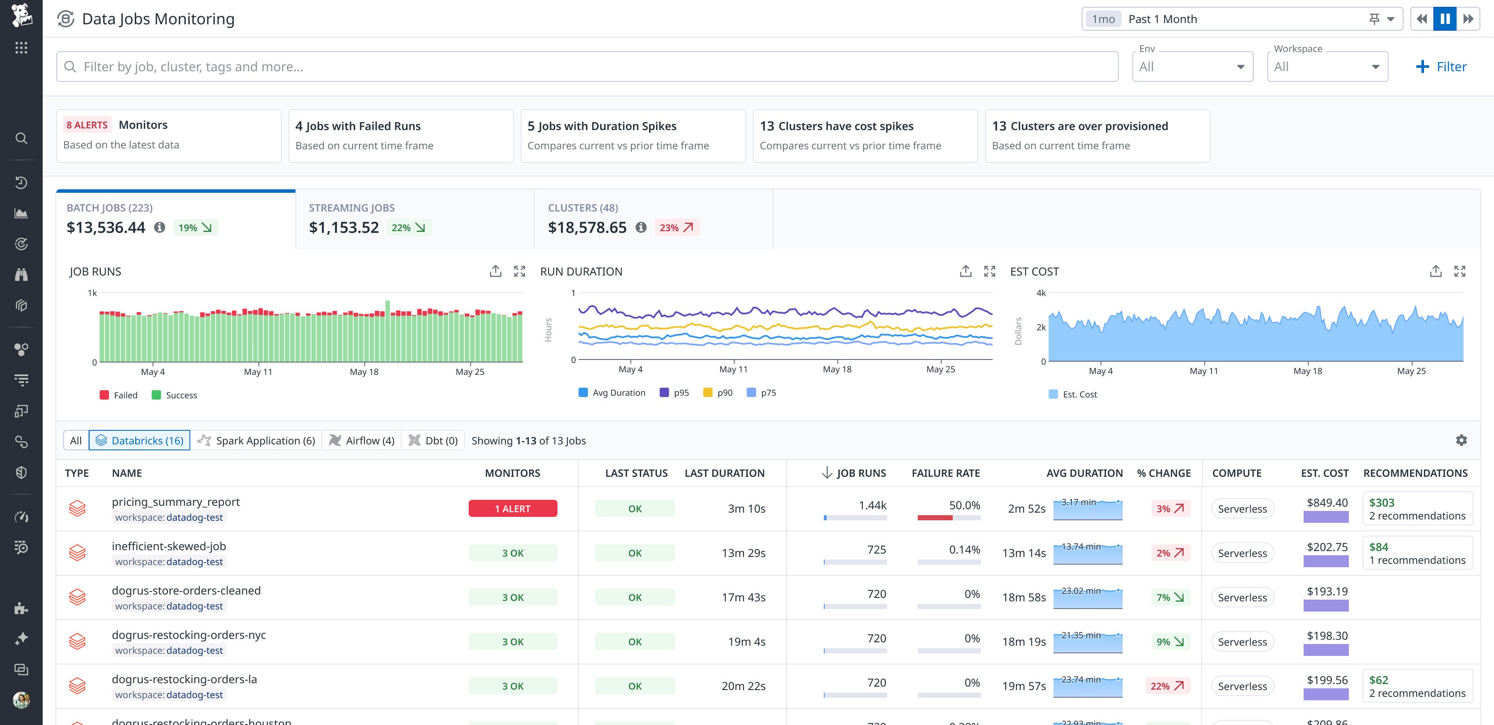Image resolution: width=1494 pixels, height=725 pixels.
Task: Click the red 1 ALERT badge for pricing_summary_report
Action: (x=513, y=508)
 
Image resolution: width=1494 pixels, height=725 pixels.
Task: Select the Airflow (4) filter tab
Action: (x=362, y=441)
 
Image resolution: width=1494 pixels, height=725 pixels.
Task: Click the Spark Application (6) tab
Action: (x=257, y=441)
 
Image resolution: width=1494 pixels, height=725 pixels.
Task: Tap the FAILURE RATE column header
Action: (x=945, y=473)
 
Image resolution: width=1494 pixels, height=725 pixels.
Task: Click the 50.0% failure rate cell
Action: (x=964, y=505)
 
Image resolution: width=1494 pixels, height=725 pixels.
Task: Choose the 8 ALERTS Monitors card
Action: (x=168, y=136)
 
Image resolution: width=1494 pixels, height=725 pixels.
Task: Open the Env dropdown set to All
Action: (x=1192, y=67)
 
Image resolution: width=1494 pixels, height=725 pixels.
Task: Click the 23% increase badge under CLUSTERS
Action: (x=676, y=228)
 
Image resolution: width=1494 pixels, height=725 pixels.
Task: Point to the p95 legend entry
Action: (x=674, y=392)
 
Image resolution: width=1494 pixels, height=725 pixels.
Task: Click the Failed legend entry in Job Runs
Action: (x=119, y=395)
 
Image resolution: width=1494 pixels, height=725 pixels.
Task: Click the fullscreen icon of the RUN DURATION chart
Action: (x=989, y=271)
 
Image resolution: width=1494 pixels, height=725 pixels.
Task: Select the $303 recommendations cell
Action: (x=1416, y=508)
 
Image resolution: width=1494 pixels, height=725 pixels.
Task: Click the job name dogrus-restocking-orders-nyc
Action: (x=189, y=635)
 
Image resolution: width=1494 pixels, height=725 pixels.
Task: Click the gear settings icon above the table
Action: (x=1461, y=441)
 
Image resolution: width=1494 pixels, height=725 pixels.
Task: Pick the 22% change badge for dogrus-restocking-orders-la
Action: (x=1167, y=686)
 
